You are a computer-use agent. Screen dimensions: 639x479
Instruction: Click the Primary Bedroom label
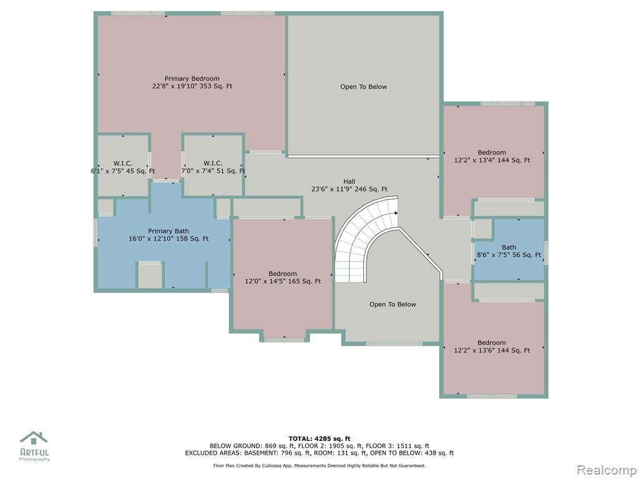pos(192,79)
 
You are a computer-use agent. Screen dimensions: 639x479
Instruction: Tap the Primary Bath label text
pos(168,231)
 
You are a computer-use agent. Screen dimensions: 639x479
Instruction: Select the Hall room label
pos(349,181)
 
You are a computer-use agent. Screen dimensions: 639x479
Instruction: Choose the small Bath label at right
pos(509,247)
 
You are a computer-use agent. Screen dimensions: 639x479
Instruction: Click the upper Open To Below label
pos(364,87)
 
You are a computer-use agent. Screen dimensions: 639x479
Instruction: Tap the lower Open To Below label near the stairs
pos(393,304)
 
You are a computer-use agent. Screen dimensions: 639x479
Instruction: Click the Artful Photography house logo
pos(34,438)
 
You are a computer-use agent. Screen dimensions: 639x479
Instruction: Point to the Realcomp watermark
pos(607,470)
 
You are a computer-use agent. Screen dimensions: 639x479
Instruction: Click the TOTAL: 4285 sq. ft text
pos(319,438)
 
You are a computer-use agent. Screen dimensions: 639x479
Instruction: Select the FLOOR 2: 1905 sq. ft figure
pos(329,446)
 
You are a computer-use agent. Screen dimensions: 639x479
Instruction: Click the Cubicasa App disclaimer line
pos(319,465)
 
